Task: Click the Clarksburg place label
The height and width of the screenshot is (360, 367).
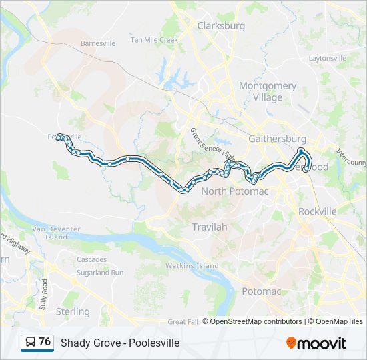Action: pos(220,26)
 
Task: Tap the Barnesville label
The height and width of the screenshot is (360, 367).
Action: pos(97,43)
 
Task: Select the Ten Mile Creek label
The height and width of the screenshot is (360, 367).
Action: pos(154,40)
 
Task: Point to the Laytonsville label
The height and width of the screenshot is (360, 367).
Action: pos(327,58)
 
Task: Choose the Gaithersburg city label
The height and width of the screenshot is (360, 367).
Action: pos(276,139)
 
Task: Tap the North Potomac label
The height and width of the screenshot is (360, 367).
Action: pos(234,191)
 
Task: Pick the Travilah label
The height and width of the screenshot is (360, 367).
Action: pos(210,227)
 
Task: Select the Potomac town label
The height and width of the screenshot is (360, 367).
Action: pos(257,291)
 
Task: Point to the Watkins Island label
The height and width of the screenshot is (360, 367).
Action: pos(192,266)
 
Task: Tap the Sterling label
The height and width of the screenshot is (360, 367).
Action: pos(73,311)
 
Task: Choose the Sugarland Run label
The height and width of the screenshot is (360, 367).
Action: pos(99,273)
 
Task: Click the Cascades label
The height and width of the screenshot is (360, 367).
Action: pos(91,259)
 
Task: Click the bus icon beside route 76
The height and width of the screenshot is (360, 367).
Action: pos(30,343)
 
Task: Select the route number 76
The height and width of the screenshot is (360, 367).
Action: pos(45,342)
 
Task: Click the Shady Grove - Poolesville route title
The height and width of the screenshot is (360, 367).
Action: pos(120,343)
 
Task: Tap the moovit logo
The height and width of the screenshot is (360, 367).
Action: pos(316,343)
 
